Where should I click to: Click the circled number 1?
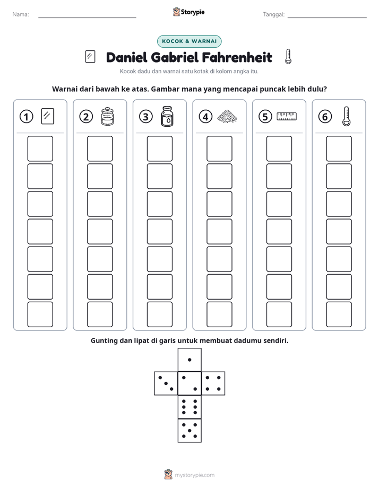(26, 117)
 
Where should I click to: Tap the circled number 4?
(205, 117)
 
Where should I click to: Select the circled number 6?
(325, 117)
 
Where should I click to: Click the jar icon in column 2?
(108, 117)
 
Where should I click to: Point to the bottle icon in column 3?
(167, 116)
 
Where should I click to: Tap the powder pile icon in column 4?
(227, 116)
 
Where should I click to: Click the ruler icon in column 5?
(287, 116)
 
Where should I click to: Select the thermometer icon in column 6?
(346, 116)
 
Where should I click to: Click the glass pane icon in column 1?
(48, 116)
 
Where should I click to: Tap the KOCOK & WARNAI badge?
(189, 41)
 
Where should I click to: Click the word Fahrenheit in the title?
(237, 57)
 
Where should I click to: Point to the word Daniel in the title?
(127, 57)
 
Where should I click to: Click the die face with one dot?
(189, 360)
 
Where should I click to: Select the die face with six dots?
(189, 407)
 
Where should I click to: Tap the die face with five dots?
(189, 431)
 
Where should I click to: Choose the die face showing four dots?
(213, 383)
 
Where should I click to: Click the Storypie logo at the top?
(189, 12)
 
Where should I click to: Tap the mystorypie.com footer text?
(194, 475)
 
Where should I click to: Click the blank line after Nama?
(87, 17)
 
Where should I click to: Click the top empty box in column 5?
(279, 148)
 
